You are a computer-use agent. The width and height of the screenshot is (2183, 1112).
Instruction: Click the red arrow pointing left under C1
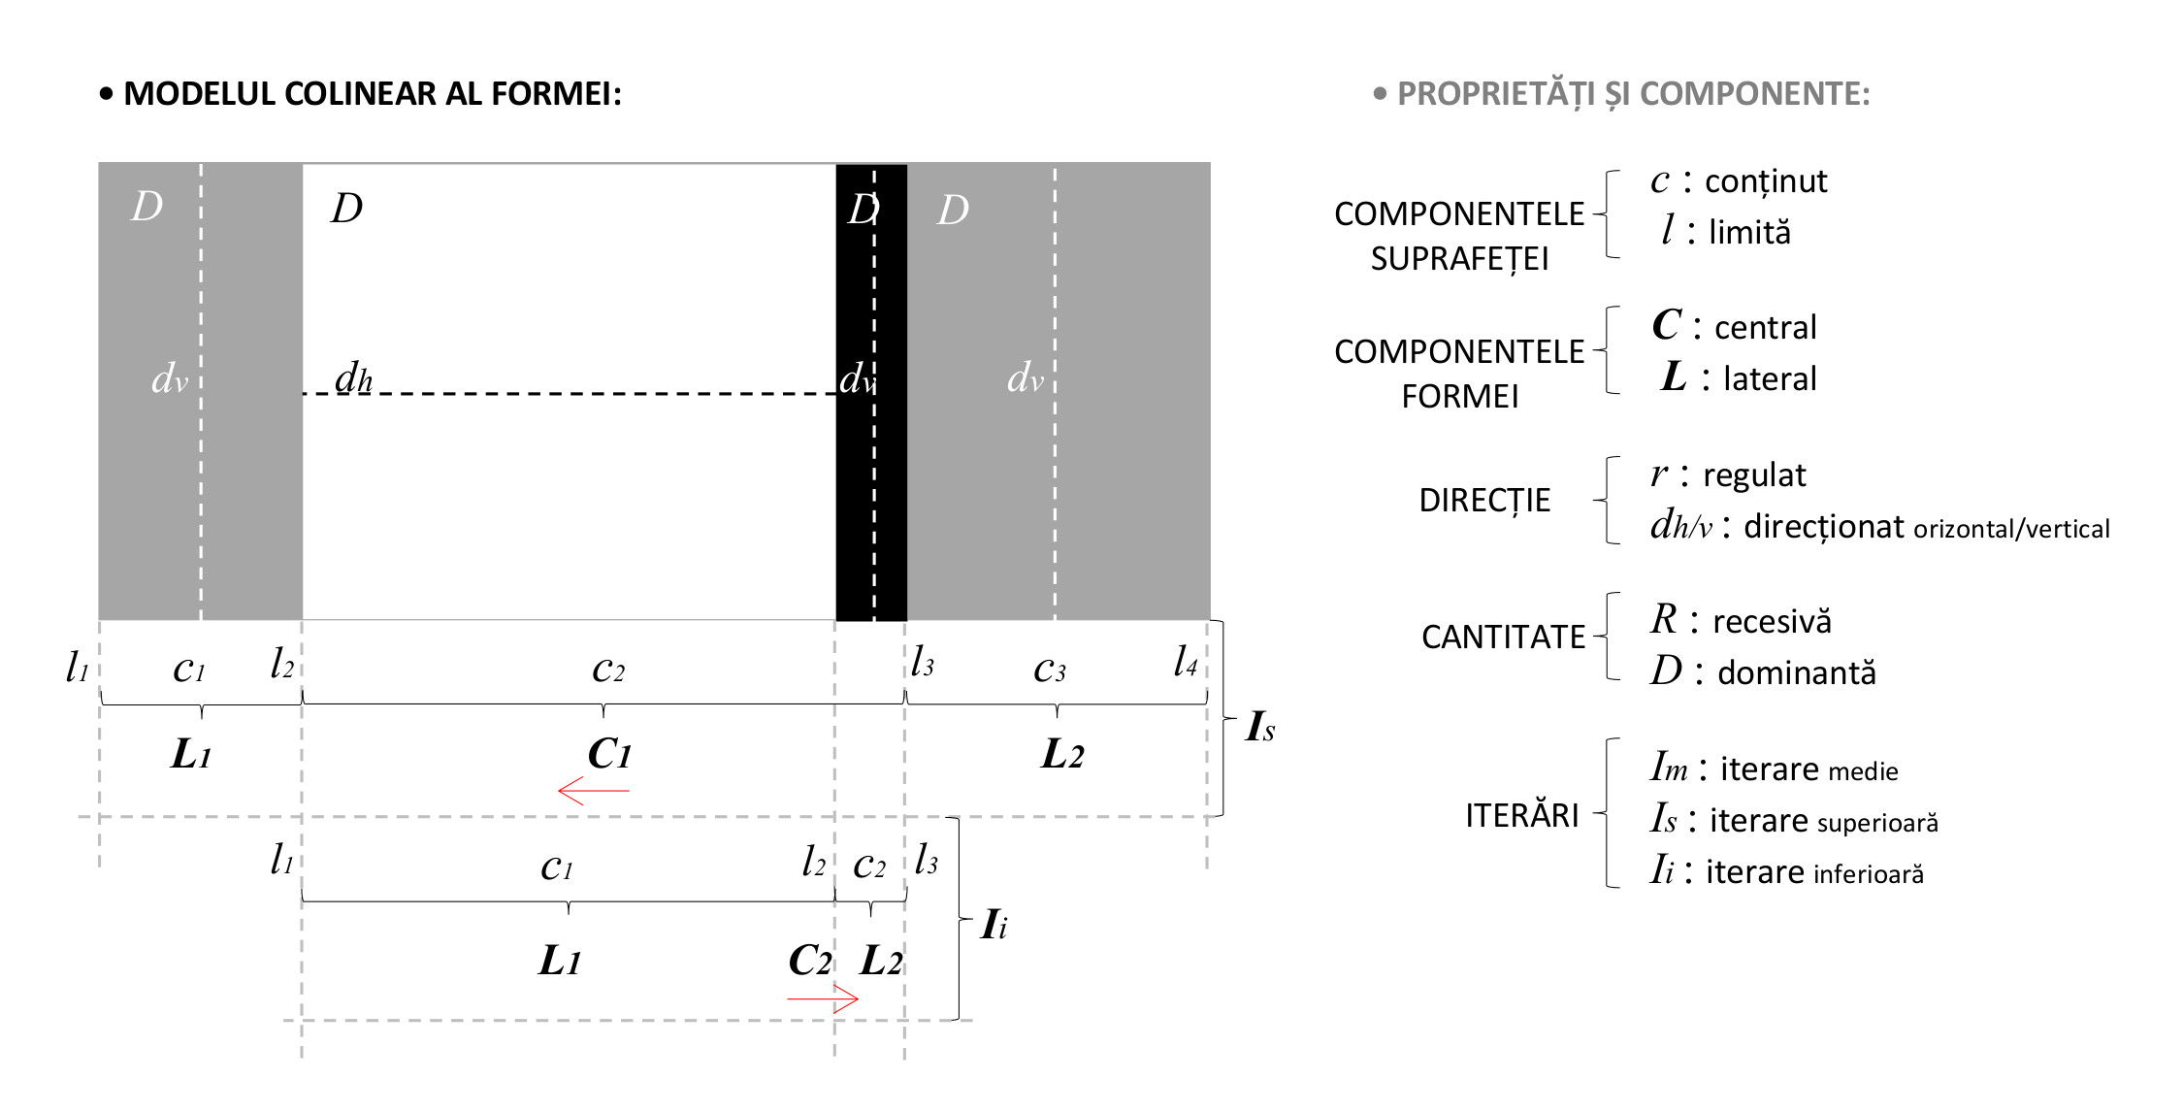point(594,791)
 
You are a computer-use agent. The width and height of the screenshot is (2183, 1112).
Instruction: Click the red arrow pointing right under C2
point(823,998)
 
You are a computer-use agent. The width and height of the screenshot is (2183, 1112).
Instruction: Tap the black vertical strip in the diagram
point(871,392)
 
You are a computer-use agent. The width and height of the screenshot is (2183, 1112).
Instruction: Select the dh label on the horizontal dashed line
point(353,378)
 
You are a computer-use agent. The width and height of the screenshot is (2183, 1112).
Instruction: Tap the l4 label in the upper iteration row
point(1185,662)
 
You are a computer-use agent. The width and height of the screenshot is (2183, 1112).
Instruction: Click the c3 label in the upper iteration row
point(1050,669)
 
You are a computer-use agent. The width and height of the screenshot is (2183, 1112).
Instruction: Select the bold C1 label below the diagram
point(609,754)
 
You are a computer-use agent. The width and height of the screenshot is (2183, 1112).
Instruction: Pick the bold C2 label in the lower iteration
point(810,961)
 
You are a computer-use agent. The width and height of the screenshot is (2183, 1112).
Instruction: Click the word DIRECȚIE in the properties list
point(1484,501)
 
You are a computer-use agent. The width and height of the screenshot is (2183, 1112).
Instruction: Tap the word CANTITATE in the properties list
point(1503,638)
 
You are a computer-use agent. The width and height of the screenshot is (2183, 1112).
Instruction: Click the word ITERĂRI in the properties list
point(1522,815)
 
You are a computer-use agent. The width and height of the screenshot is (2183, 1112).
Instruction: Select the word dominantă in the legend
point(1797,672)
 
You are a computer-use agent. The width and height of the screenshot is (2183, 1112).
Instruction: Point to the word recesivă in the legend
point(1772,621)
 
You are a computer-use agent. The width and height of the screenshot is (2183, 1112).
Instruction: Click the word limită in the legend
point(1749,232)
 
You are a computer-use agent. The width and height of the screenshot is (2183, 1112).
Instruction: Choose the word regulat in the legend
point(1754,475)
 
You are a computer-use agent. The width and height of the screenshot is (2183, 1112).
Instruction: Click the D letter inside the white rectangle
point(346,208)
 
